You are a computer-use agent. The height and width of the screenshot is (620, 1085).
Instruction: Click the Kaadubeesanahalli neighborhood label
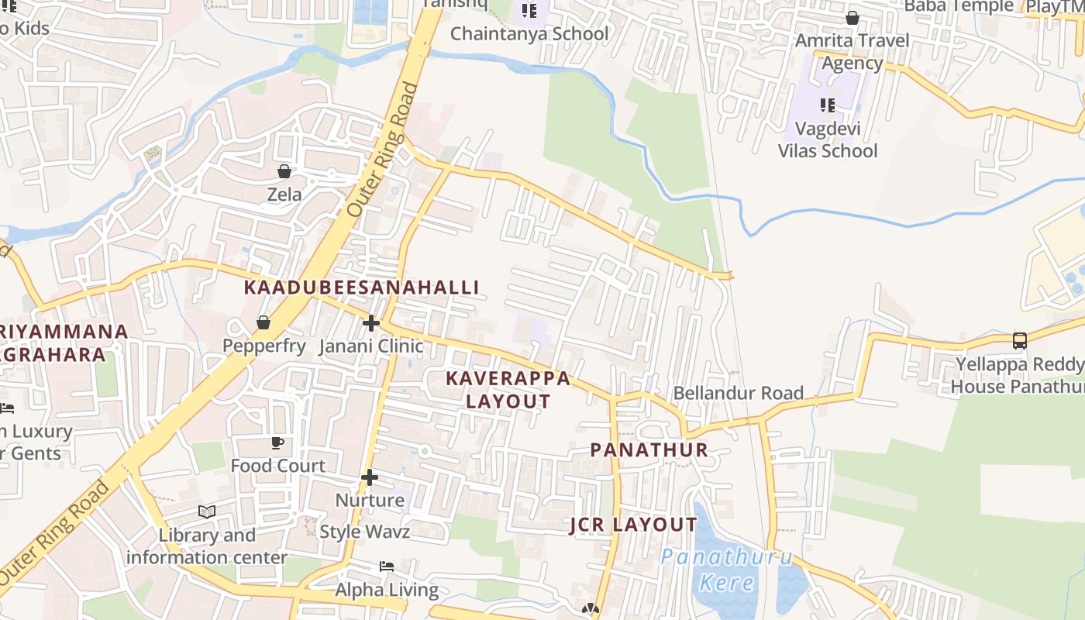362,288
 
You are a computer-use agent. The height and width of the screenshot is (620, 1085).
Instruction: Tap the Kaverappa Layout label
508,390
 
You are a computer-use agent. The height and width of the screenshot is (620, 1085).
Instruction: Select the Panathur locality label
649,450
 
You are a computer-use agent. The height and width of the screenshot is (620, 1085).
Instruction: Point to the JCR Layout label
634,525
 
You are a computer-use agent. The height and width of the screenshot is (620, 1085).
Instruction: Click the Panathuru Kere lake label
727,570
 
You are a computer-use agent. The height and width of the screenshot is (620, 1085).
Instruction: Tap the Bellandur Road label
738,393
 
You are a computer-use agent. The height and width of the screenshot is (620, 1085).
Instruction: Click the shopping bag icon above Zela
284,171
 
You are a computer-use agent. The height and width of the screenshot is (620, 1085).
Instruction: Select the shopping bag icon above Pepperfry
263,322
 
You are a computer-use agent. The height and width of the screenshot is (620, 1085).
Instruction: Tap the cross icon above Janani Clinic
371,322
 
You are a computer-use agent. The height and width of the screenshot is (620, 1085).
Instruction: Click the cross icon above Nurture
370,477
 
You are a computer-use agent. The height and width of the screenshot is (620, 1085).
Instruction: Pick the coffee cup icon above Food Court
277,443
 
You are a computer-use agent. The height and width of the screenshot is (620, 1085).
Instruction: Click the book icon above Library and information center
206,511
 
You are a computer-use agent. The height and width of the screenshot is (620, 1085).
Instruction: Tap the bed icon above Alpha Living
387,567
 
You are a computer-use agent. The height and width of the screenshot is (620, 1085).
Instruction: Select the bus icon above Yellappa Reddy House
1020,340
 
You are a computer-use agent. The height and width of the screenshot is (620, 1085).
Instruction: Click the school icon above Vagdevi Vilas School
828,105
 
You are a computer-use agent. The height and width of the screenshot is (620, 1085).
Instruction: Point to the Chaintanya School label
529,34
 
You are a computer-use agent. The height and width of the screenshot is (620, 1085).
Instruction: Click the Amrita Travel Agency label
852,51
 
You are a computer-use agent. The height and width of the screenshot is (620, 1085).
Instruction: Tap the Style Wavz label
365,532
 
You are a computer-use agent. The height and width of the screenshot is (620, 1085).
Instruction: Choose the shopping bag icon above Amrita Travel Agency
852,18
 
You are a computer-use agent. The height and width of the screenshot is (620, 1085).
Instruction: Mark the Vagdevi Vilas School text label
828,139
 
